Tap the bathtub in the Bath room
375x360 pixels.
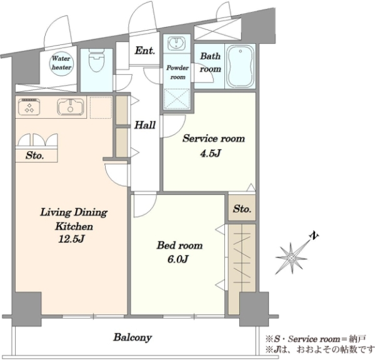[x=240, y=66]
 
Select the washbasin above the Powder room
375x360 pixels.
[x=176, y=44]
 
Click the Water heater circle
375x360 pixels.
[x=61, y=63]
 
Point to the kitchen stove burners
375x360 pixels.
[x=29, y=106]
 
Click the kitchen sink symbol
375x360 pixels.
[x=70, y=106]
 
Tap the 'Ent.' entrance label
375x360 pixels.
[x=145, y=51]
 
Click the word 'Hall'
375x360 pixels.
[x=145, y=125]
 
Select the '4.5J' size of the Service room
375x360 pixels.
[x=210, y=153]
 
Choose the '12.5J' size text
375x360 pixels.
[x=71, y=239]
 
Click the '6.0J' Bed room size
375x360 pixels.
[x=178, y=259]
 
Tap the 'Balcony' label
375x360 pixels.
[x=132, y=337]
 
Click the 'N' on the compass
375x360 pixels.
[x=314, y=236]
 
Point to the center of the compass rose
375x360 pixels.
[x=291, y=258]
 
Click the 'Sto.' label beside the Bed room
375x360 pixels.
[x=242, y=209]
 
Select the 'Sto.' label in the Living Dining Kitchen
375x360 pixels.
[x=34, y=156]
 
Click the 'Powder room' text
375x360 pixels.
[x=177, y=72]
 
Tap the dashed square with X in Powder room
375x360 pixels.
[x=176, y=99]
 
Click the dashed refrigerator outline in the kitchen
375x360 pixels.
[x=101, y=107]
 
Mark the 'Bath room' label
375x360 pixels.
[x=210, y=62]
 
